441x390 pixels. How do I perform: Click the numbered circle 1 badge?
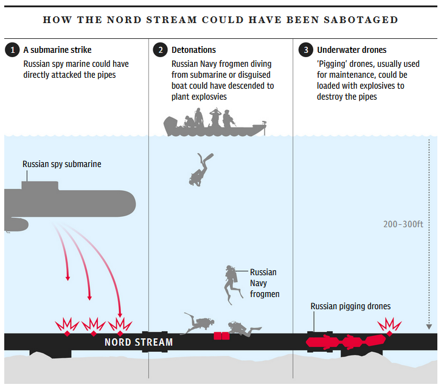[12, 50]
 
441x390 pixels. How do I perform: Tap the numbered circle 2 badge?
[160, 50]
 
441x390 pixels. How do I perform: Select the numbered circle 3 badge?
[305, 50]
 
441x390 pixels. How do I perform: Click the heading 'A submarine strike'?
[57, 50]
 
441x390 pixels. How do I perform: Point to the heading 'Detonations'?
[193, 50]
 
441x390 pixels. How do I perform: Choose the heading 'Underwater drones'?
[352, 50]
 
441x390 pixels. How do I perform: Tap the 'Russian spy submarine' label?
[61, 164]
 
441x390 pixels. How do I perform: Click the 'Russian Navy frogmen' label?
[264, 283]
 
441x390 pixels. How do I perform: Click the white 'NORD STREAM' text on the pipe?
[139, 342]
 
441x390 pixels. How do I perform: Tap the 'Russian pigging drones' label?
[350, 307]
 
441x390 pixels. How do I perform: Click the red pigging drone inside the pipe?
[347, 342]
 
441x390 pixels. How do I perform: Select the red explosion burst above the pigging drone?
[389, 324]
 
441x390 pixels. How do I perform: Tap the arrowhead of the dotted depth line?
[429, 327]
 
